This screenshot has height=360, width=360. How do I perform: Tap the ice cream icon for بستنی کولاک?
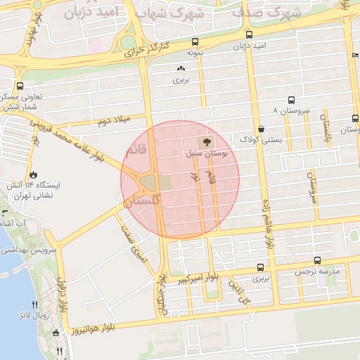262,129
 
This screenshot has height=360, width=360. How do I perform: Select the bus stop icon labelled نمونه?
195,41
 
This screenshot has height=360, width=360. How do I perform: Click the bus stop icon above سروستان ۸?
291,100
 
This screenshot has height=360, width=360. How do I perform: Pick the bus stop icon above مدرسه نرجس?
318,259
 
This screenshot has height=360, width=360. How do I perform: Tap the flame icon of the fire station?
32,173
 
